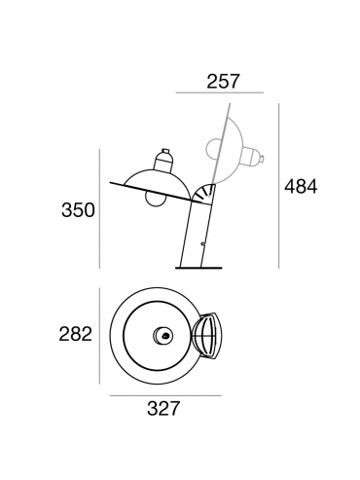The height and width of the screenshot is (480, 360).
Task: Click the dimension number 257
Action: pos(223,82)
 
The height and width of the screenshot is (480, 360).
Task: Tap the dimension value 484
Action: pos(301,187)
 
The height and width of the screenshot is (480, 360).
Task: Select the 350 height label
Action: pos(78,209)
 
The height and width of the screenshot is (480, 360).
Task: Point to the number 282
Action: pos(76,334)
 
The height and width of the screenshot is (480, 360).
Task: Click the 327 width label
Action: pos(163,408)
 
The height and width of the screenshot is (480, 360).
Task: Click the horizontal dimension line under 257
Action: pos(220,92)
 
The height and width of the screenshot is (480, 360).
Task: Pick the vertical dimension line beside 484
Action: pos(278,186)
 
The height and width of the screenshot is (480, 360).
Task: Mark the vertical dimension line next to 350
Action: pos(99,208)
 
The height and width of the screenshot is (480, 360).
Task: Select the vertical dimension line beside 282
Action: pos(99,336)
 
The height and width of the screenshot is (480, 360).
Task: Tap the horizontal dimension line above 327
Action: pos(165,395)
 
